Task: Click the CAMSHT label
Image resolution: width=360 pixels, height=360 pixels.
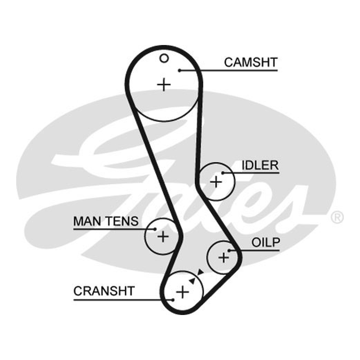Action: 251,63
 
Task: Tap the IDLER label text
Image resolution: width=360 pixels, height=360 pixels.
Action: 260,165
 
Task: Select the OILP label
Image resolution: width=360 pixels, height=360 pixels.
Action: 265,243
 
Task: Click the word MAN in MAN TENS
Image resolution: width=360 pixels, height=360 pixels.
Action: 87,221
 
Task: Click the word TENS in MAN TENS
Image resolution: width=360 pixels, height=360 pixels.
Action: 122,221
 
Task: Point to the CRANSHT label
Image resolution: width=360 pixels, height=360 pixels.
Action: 104,291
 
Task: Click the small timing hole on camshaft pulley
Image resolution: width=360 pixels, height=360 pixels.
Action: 164,58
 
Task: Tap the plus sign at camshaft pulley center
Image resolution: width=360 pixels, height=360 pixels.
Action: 164,85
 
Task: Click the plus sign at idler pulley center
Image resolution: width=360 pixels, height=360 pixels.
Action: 216,182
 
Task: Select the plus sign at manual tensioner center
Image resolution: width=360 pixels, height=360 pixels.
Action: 163,237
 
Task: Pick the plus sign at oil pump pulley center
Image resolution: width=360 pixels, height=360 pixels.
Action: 223,257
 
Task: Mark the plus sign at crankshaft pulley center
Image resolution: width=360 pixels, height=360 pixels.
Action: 183,292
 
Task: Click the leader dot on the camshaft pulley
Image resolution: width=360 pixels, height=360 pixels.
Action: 180,71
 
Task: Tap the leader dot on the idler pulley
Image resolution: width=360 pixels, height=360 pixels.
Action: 222,173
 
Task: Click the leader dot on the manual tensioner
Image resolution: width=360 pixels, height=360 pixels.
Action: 155,229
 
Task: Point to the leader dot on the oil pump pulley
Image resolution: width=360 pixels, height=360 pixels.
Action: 229,250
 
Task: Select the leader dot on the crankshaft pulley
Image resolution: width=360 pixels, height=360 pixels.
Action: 173,300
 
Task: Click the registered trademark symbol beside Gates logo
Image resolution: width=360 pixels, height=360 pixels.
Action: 337,217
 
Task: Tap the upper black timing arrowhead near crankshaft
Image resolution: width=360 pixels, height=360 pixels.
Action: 200,272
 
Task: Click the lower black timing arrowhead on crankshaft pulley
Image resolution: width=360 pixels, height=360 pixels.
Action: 193,280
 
